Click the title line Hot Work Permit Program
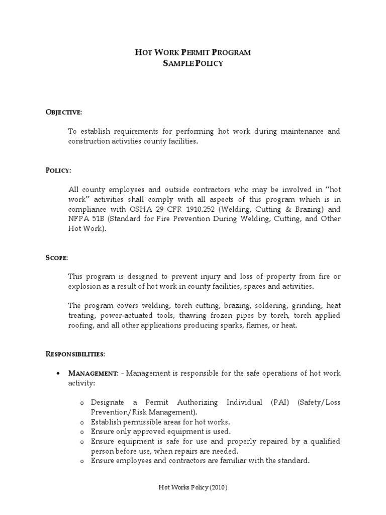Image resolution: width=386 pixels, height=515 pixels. click(193, 52)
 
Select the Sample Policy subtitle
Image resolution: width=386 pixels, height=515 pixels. click(193, 63)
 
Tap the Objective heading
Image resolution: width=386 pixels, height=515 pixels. click(63, 111)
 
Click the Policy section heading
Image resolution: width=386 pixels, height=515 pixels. click(58, 170)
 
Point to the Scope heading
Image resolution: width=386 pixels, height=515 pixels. click(57, 257)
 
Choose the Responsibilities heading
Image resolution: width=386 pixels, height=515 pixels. click(75, 354)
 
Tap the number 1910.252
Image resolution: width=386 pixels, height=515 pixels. click(196, 209)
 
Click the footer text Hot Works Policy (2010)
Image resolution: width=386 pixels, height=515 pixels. click(193, 488)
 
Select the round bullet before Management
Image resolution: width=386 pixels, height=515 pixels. click(59, 374)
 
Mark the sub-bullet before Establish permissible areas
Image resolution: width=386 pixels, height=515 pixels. click(81, 422)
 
